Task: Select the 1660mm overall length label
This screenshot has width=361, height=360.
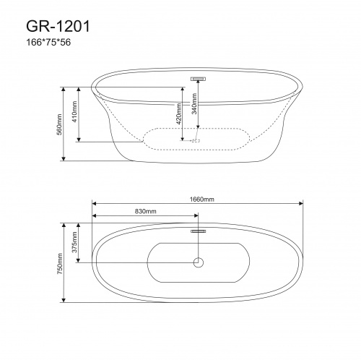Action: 196,198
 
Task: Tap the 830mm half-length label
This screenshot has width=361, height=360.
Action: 145,212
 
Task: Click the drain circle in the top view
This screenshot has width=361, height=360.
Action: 197,262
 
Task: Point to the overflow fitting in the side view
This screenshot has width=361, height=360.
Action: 198,77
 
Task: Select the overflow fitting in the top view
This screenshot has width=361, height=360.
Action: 198,232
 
